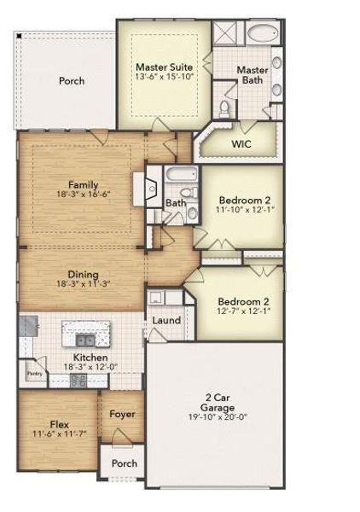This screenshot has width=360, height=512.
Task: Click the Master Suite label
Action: pyautogui.click(x=164, y=66)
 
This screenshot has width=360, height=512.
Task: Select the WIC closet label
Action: pyautogui.click(x=241, y=143)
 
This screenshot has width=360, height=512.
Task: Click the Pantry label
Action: pyautogui.click(x=34, y=373)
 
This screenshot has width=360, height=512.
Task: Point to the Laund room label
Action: pyautogui.click(x=165, y=320)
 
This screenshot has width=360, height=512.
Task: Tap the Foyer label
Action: pyautogui.click(x=123, y=414)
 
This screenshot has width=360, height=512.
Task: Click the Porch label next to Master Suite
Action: pyautogui.click(x=72, y=81)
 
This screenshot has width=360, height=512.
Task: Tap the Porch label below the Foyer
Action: pyautogui.click(x=125, y=463)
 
